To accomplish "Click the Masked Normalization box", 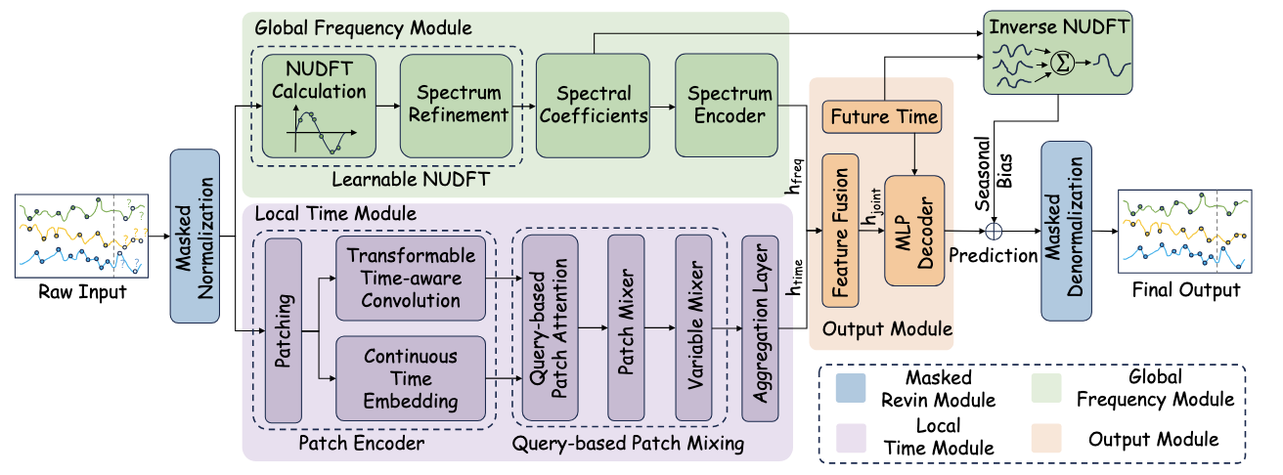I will [195, 236].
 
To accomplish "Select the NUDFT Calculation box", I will [319, 108].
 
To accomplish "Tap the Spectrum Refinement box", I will [456, 107].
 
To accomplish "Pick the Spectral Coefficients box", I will [593, 107].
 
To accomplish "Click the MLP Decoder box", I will [915, 231].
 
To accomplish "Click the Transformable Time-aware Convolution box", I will [410, 278].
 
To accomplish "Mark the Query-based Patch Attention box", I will [545, 326].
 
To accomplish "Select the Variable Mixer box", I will [695, 326].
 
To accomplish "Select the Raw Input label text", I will [81, 291].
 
